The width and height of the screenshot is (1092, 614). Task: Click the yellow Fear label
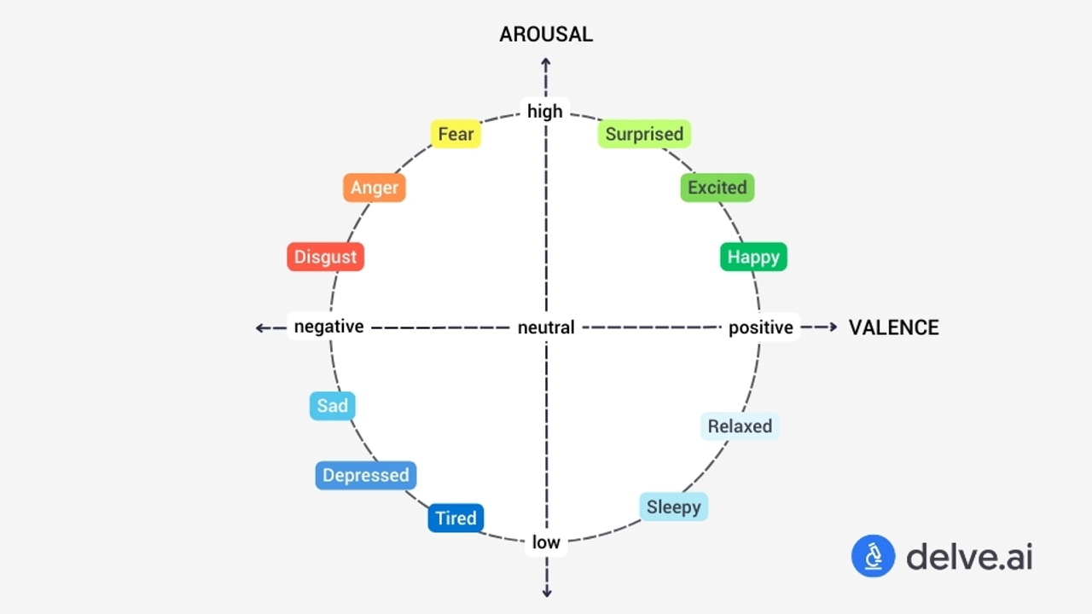(x=456, y=134)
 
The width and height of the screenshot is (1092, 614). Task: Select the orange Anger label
(x=375, y=188)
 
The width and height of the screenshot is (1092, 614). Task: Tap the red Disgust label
(x=325, y=257)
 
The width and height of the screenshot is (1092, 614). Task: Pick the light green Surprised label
(x=644, y=134)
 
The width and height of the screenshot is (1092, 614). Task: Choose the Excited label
(x=717, y=188)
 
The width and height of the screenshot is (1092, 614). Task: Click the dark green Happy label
(x=753, y=257)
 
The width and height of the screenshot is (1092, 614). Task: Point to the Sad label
(x=332, y=406)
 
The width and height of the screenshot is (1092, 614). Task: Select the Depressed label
(x=366, y=476)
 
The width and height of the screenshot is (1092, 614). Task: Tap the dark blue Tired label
(x=456, y=518)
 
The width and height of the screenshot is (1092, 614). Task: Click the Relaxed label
(x=740, y=426)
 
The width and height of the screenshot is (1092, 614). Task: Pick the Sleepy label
(x=673, y=507)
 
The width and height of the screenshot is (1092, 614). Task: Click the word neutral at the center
(x=546, y=327)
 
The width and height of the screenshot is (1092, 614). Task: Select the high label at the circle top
(x=545, y=111)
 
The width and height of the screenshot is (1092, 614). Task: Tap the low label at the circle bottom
(x=546, y=542)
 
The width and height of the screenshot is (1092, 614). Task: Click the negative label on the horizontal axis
(x=328, y=327)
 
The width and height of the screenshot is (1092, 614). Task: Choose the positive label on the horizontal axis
(x=761, y=327)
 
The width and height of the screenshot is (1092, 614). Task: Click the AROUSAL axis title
(x=546, y=34)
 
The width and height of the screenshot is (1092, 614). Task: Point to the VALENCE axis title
(x=893, y=327)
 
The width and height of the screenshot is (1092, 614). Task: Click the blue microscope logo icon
(x=873, y=557)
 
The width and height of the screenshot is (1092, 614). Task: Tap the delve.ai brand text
(x=969, y=557)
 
